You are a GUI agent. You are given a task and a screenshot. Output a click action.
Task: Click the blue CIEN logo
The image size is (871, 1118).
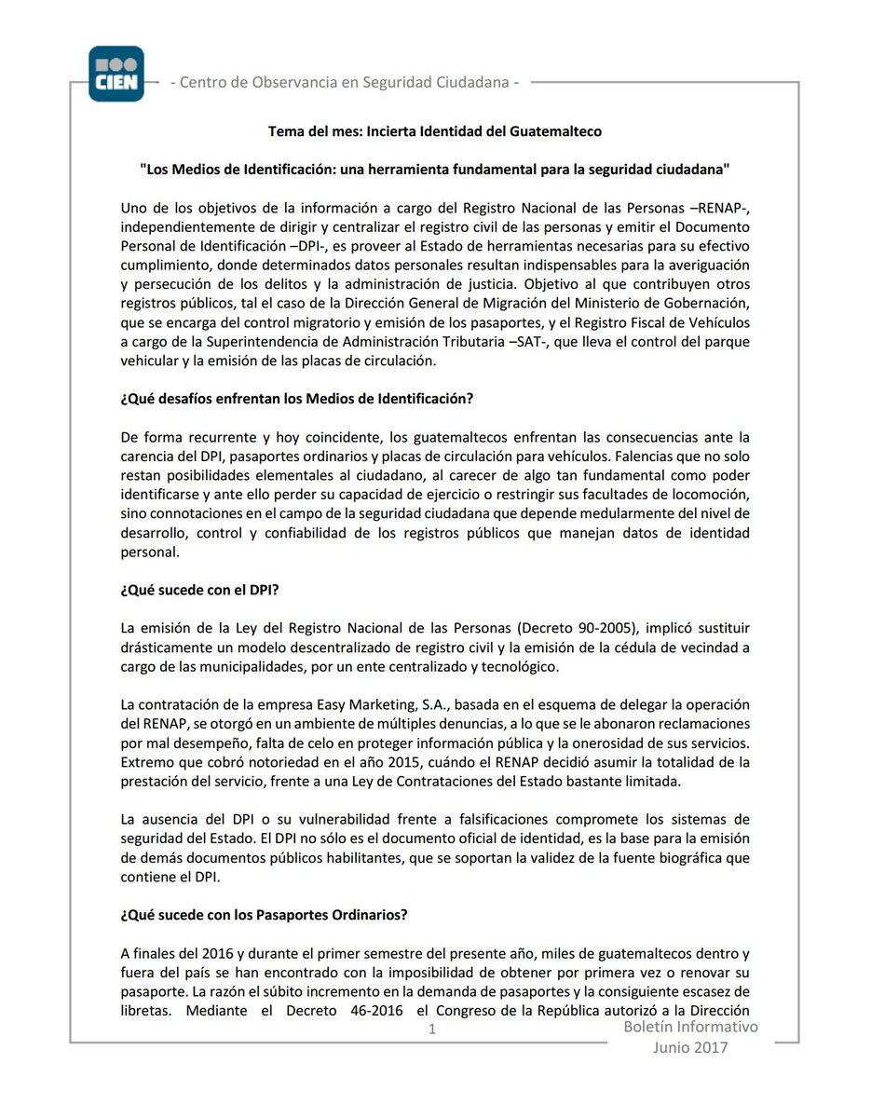(116, 74)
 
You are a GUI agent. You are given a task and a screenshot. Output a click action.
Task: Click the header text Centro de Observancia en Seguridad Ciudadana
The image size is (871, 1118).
(345, 82)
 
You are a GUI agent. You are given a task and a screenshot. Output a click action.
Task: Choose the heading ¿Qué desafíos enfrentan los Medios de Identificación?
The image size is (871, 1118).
(297, 399)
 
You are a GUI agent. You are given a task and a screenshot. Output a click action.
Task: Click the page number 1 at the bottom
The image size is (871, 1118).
(431, 1029)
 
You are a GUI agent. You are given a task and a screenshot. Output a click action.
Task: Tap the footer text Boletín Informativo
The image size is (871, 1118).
(691, 1027)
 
